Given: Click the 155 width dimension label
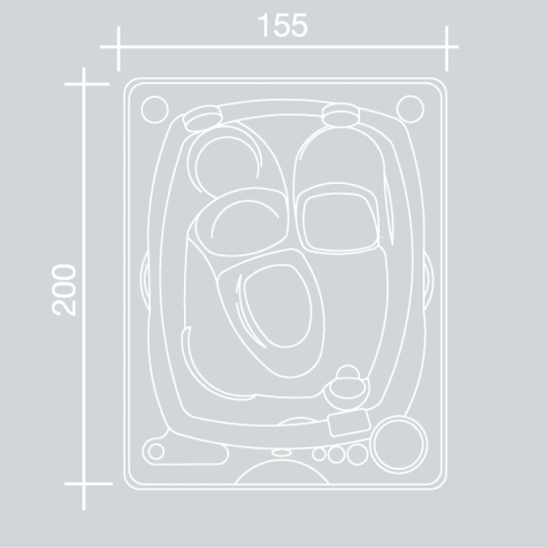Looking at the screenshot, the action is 283,25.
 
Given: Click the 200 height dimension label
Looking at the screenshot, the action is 63,290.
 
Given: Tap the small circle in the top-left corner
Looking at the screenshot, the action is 155,110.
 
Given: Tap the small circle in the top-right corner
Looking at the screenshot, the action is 411,109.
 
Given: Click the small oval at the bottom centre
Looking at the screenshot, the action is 282,453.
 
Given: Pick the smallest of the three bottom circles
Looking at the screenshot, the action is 319,454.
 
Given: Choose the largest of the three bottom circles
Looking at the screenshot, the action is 358,455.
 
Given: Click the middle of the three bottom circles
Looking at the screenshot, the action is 337,455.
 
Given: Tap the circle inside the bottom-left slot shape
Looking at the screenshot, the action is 157,451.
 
